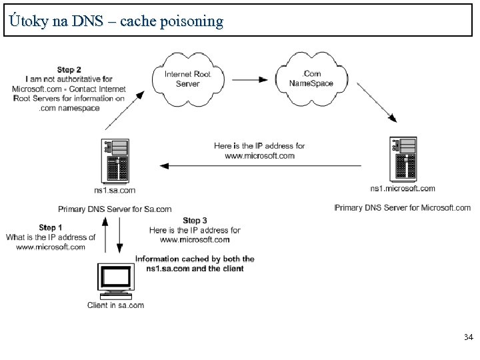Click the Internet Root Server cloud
tap(187, 79)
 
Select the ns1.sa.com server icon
tap(115, 160)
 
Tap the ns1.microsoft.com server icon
tap(404, 159)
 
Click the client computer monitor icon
tap(113, 281)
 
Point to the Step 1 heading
tap(51, 228)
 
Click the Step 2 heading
tap(69, 69)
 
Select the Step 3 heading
tap(195, 221)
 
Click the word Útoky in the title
tap(26, 21)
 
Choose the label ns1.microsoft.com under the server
tap(403, 189)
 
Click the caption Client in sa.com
tap(115, 305)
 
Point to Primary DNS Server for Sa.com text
tap(115, 209)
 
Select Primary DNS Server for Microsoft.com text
tap(403, 208)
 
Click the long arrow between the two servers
tap(260, 165)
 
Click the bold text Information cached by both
tap(195, 259)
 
